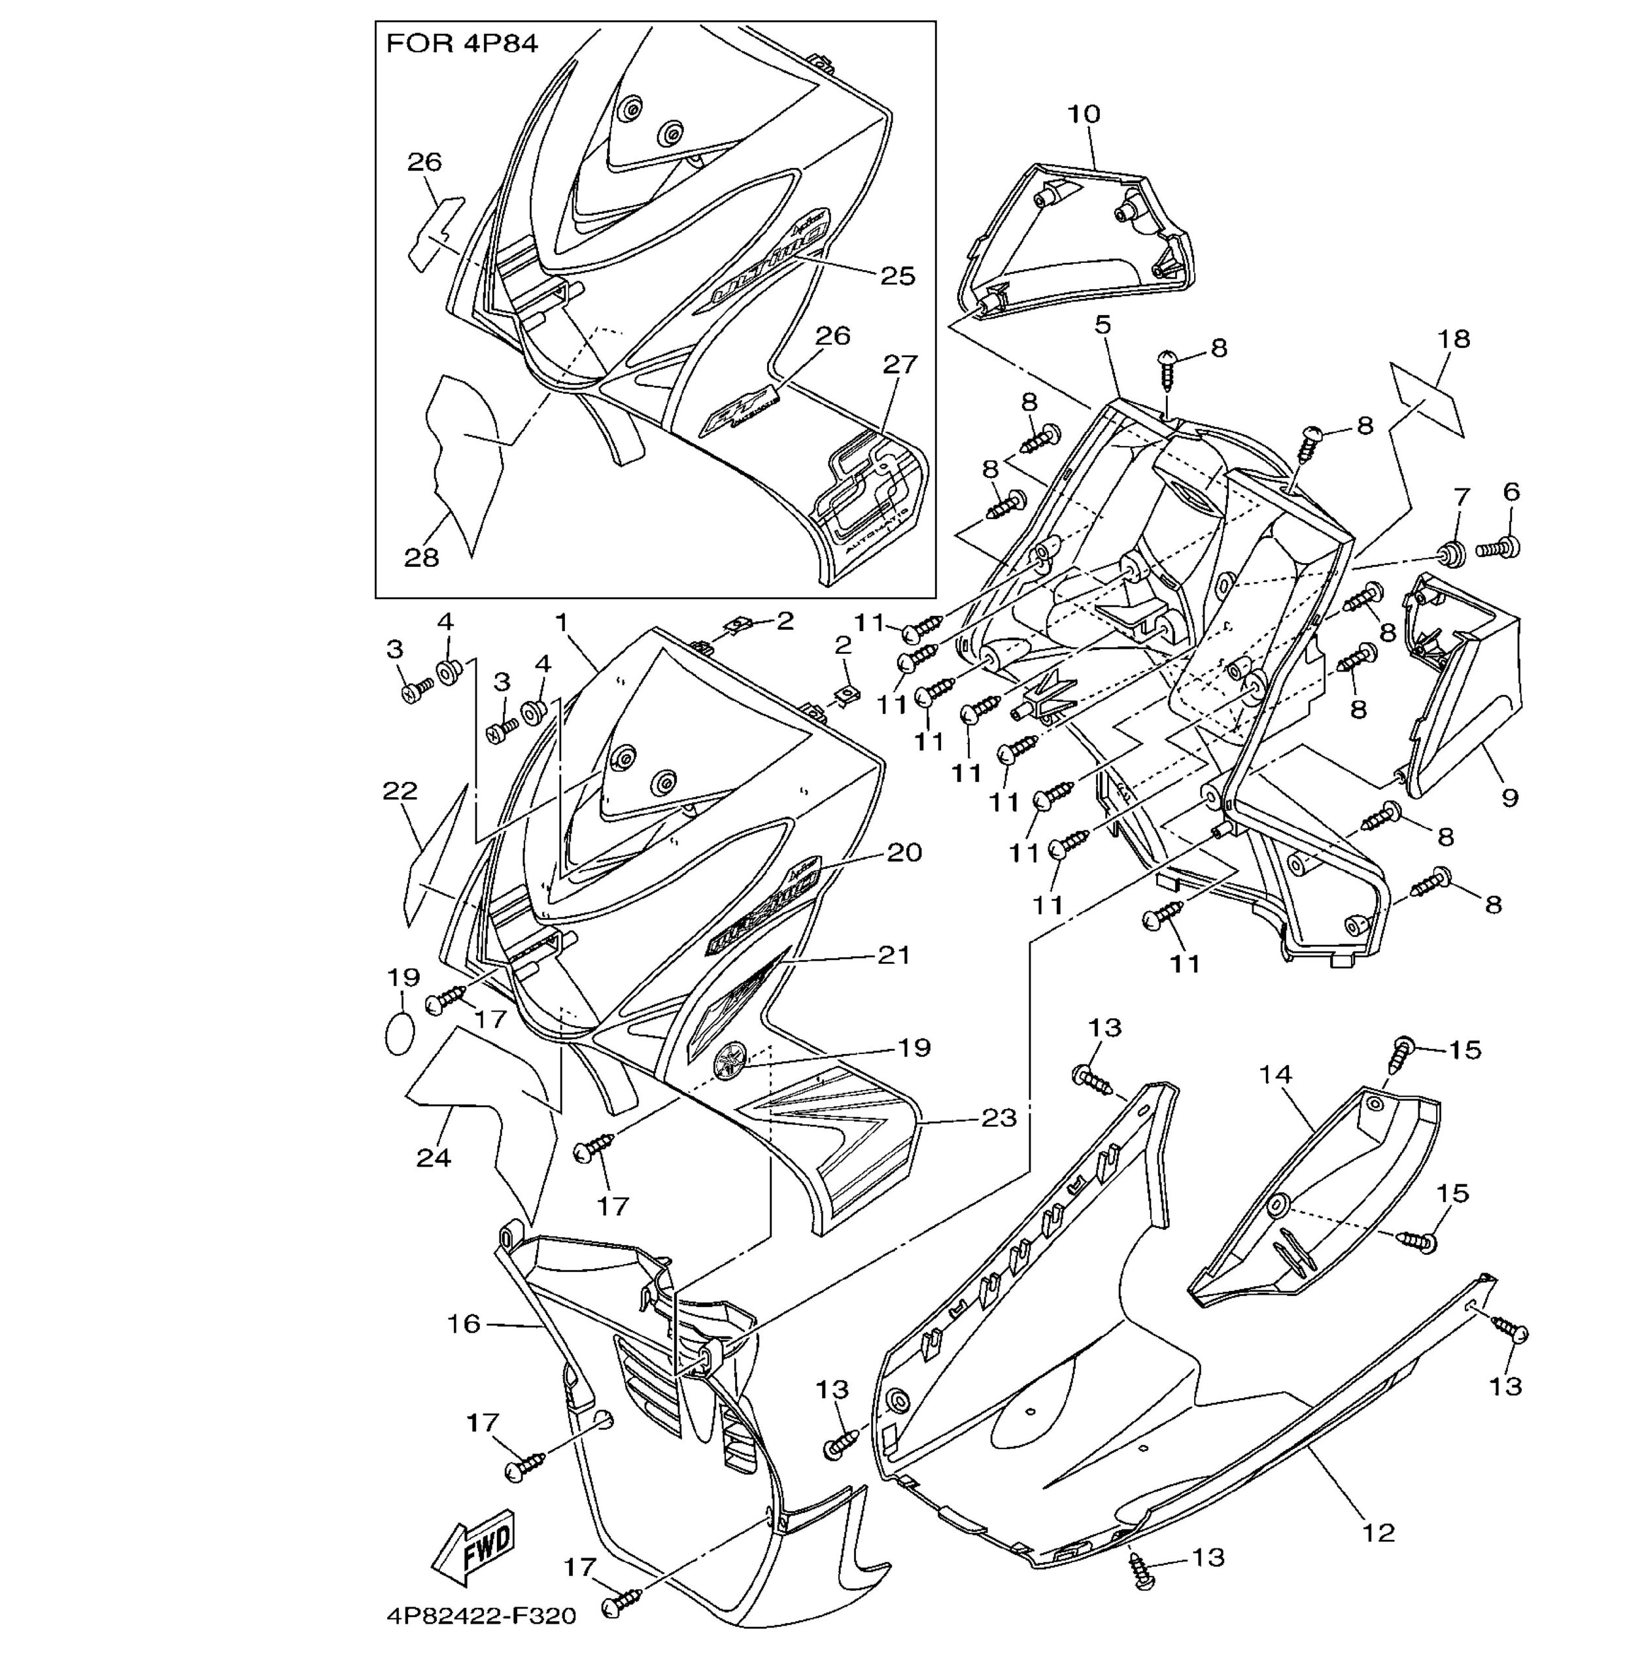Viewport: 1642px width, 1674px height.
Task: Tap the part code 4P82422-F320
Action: coord(481,1615)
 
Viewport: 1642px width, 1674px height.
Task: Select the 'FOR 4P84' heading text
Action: coord(462,44)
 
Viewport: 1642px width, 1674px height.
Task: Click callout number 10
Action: coord(1084,114)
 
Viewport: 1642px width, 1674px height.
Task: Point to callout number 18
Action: coord(1454,339)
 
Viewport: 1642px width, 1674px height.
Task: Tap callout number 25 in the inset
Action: coord(898,276)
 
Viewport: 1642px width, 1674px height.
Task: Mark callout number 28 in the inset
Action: coord(422,558)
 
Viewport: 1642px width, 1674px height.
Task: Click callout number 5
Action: coord(1103,325)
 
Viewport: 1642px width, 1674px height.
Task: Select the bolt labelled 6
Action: coord(1499,547)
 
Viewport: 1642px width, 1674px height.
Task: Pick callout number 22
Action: coord(400,791)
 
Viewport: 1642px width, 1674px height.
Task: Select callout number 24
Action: coord(434,1157)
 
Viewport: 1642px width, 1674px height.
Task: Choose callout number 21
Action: coord(895,955)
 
